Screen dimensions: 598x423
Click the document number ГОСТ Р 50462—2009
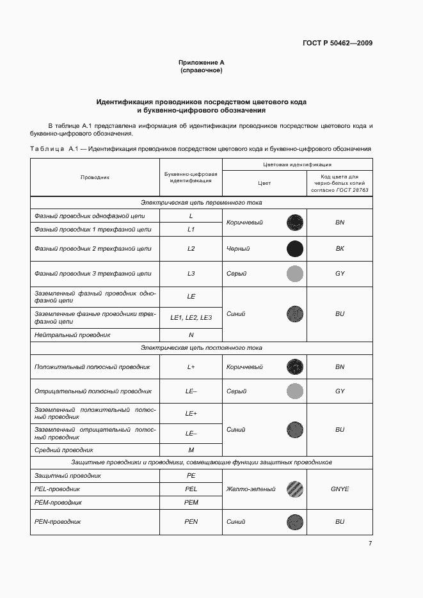(338, 43)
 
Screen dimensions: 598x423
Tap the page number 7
(370, 543)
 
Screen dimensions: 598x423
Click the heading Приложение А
(202, 62)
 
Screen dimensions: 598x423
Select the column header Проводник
(95, 177)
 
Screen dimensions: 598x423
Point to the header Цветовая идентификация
(297, 164)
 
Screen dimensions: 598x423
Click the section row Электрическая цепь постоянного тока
(202, 348)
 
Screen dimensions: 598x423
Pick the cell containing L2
(191, 249)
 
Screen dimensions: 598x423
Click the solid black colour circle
(294, 249)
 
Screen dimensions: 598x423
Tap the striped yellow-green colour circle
(294, 489)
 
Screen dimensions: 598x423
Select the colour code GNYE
(340, 489)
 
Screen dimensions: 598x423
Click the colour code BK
(340, 249)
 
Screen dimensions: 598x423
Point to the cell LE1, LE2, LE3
(191, 318)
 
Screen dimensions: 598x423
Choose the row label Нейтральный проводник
(72, 335)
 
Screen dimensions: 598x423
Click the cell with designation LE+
(191, 414)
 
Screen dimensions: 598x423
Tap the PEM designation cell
(191, 503)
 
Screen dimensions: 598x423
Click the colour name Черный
(238, 249)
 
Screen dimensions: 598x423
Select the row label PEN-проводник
(58, 522)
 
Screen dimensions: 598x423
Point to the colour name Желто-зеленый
(251, 489)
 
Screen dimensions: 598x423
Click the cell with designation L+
(191, 367)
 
